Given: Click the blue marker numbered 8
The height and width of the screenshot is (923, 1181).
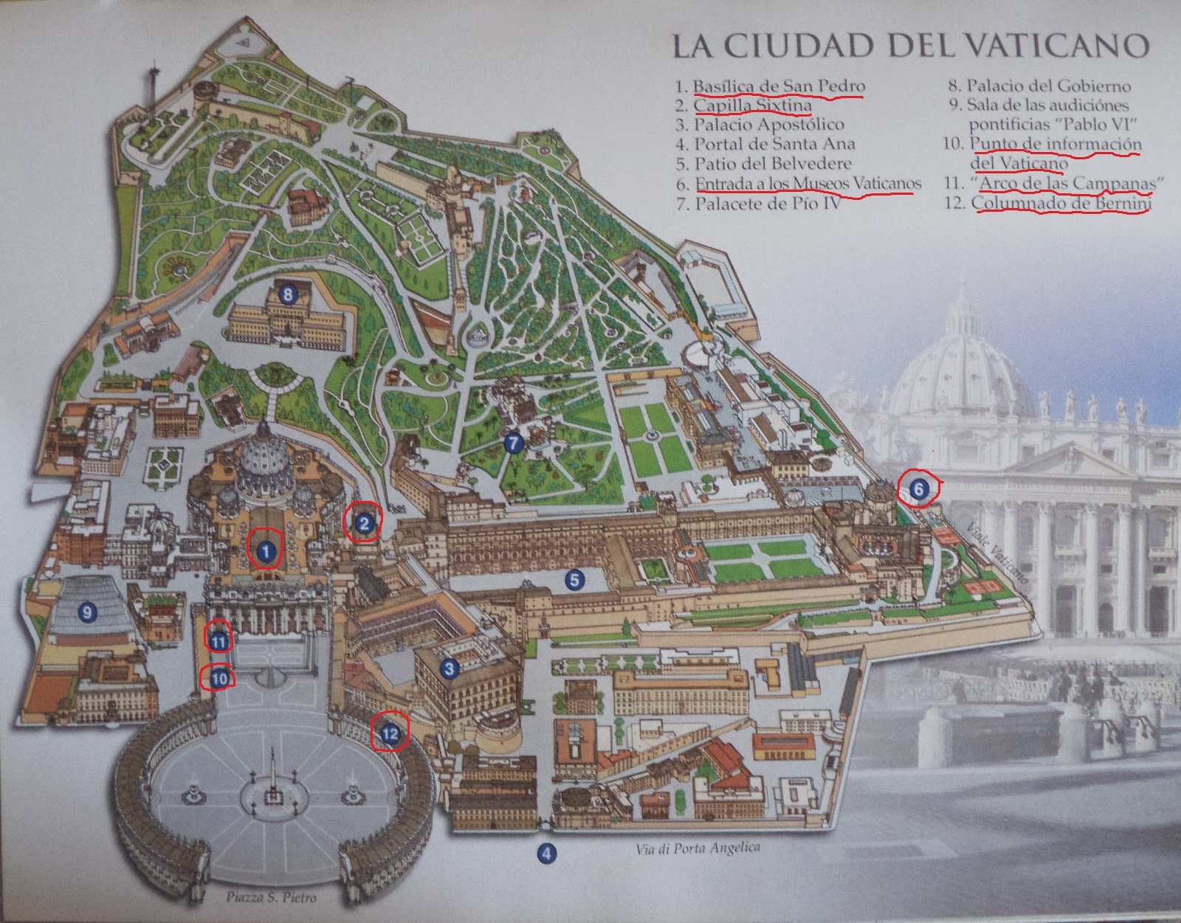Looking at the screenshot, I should coord(288,295).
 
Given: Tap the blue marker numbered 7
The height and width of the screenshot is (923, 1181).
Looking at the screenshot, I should coord(514,443).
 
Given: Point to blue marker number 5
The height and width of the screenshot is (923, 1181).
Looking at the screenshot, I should coord(575,580).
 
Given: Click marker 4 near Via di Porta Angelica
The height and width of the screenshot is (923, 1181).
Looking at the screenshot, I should coord(545,854).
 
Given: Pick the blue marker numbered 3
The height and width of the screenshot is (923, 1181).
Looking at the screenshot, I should coord(448,668).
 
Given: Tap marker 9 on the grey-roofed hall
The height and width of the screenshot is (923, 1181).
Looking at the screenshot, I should coord(87,612).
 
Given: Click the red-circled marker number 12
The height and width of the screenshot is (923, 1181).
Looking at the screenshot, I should coord(390,733).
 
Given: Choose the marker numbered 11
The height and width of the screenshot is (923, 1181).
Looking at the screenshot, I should coord(218,642).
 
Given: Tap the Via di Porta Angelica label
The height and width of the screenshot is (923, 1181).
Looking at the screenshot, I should coord(698,849).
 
